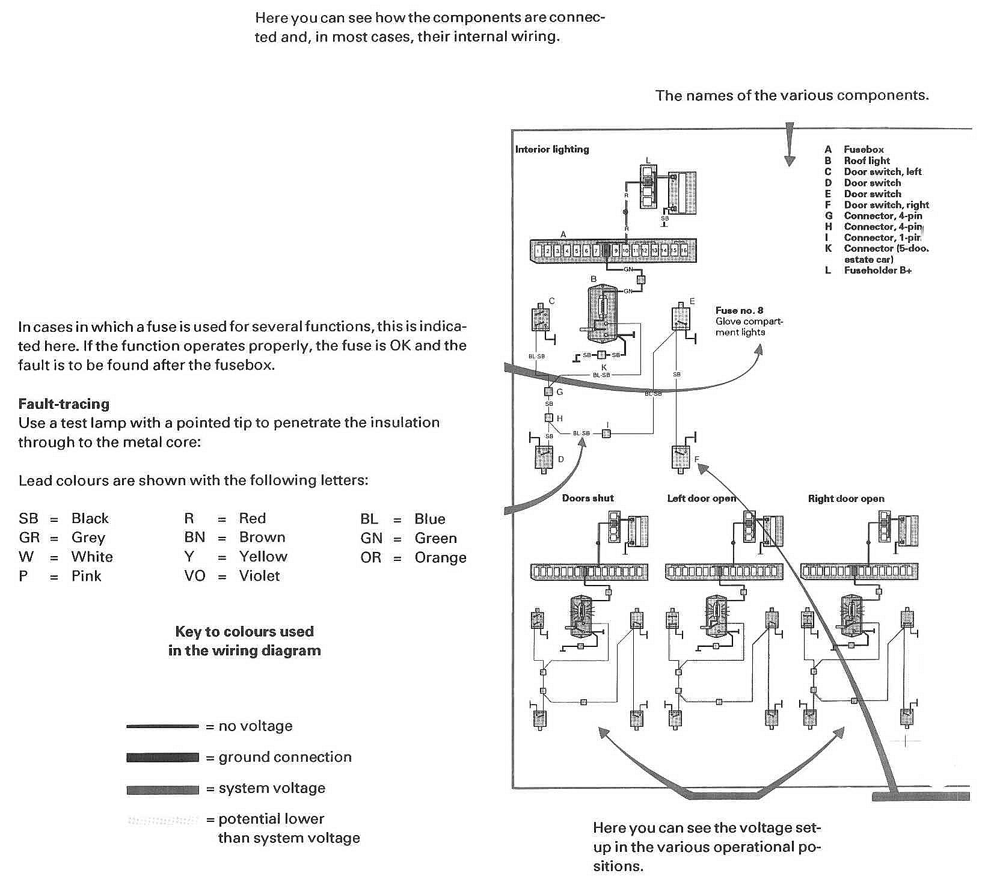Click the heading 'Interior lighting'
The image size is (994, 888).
click(551, 149)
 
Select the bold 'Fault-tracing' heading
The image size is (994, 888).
click(64, 403)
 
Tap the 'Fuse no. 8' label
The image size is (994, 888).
click(739, 310)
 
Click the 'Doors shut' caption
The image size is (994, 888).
click(588, 498)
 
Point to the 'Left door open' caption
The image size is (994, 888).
click(701, 498)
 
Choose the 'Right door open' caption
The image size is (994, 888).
click(845, 498)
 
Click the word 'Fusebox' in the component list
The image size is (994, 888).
click(864, 149)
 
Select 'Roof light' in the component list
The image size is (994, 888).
click(867, 161)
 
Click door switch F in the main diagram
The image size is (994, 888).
click(680, 459)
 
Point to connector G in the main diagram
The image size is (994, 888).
click(548, 392)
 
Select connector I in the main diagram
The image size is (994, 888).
click(607, 433)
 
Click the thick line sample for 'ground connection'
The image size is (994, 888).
click(162, 758)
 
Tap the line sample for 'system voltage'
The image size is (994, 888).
click(162, 789)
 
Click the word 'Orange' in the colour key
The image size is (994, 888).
click(440, 557)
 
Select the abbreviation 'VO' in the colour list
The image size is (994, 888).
click(194, 576)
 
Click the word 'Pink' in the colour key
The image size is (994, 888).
click(87, 576)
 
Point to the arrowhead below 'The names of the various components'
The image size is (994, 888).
click(790, 159)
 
